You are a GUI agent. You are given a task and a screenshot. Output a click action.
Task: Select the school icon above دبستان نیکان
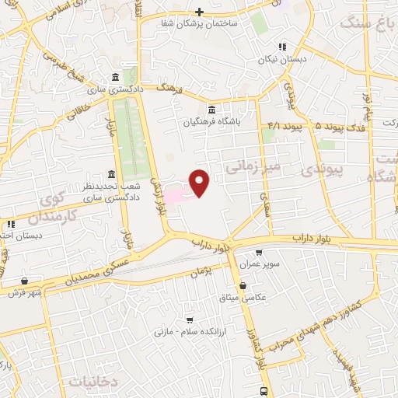click(283, 46)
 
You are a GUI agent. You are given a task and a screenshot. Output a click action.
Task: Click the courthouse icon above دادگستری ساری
click(115, 78)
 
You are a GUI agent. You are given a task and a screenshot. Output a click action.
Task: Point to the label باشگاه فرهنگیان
click(208, 121)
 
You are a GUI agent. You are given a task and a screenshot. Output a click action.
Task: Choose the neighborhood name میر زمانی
click(252, 166)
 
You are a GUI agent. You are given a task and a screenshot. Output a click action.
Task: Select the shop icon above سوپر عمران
click(259, 253)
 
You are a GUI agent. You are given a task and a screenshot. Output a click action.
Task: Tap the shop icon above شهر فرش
click(26, 281)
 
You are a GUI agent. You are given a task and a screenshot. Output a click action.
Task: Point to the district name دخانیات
click(93, 381)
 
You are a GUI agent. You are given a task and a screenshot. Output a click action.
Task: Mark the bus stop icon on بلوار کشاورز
click(264, 391)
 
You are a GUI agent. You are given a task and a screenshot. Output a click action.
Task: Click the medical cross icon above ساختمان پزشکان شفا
click(200, 12)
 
